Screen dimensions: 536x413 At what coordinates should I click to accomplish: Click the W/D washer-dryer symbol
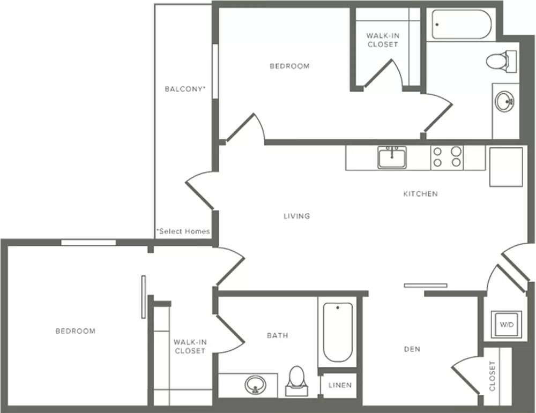pos(507,325)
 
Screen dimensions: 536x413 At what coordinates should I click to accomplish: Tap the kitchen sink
pos(392,157)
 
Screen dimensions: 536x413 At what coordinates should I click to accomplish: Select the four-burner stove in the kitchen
pos(447,157)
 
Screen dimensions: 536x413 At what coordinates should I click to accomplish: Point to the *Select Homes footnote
pos(183,231)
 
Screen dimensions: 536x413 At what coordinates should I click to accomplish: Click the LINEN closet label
pos(340,385)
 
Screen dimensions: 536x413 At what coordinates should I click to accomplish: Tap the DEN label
pos(412,349)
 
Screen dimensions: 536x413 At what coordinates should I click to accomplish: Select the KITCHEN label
pos(420,194)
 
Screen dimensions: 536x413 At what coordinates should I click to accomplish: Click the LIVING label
pos(297,216)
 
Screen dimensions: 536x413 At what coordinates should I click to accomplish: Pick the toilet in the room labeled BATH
pos(296,381)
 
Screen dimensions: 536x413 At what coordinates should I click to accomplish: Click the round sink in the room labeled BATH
pos(255,385)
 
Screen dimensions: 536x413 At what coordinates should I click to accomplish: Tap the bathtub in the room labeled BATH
pos(338,332)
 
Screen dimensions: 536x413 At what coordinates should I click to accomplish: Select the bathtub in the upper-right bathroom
pos(461,24)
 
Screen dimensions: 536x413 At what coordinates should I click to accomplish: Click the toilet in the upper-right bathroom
pos(501,61)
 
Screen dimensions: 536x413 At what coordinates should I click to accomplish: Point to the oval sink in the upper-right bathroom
pos(504,101)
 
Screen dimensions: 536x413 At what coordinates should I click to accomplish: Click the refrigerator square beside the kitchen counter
pos(506,167)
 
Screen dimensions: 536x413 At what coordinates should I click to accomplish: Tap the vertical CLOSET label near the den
pos(492,376)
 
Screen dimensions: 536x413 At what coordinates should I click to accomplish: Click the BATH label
pos(277,335)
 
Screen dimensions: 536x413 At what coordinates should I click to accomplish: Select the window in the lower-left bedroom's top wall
pos(88,243)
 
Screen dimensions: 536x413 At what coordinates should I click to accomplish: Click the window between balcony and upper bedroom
pos(215,71)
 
